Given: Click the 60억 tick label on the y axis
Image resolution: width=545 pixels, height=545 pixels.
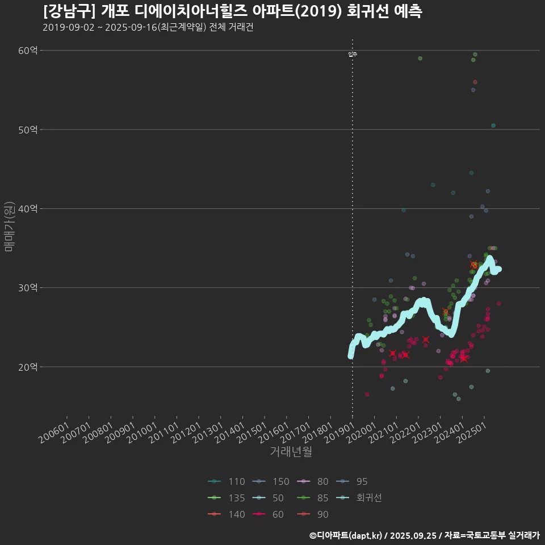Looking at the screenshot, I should point(28,51).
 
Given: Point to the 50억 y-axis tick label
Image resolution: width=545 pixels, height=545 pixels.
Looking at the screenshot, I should point(28,129).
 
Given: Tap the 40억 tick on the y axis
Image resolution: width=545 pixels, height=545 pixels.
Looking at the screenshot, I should point(28,208).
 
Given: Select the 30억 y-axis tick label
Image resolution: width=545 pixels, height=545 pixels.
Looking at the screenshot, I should point(28,288).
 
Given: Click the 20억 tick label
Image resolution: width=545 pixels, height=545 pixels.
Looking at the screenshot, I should point(28,367).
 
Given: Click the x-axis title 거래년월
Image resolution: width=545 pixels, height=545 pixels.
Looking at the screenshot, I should point(291,452).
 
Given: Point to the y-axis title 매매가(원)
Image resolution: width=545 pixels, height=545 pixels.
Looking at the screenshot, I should point(9,226).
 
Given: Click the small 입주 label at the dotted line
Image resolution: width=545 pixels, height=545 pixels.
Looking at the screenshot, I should point(353,54).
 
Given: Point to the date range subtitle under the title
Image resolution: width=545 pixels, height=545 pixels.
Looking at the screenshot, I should point(148,28).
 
